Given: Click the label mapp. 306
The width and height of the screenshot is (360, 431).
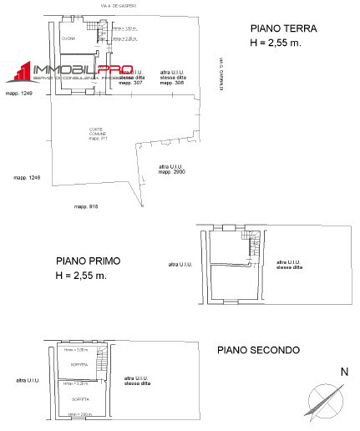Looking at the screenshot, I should click(x=172, y=84).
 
